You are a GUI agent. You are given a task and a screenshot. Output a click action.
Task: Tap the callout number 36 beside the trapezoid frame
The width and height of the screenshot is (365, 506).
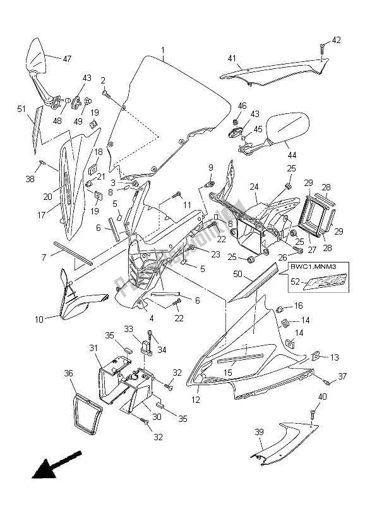[68, 374]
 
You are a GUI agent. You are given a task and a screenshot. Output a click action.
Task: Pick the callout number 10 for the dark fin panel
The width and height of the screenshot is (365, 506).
[39, 320]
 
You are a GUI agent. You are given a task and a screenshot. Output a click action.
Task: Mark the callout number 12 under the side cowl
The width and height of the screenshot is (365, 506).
[196, 400]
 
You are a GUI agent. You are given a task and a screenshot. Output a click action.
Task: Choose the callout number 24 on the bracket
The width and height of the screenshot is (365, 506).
[253, 187]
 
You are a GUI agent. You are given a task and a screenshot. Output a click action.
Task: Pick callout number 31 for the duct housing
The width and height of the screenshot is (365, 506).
[93, 349]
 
